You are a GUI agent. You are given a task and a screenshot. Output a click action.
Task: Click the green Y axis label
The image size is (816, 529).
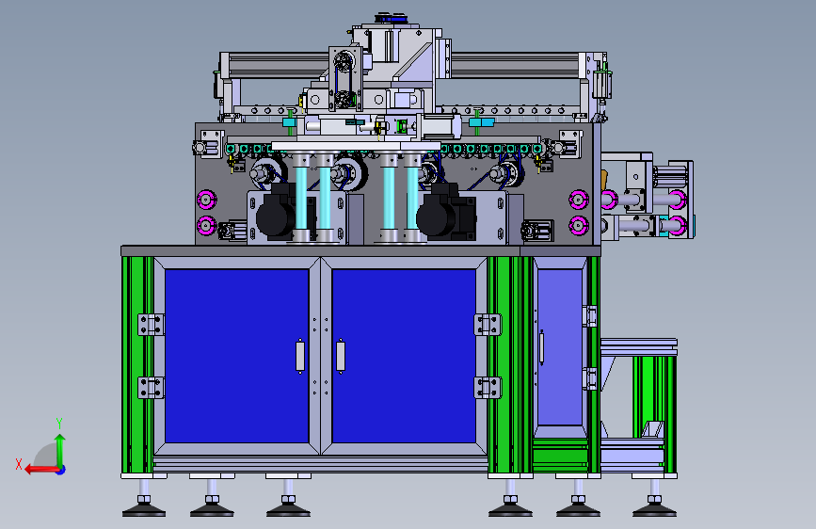pos(59,424)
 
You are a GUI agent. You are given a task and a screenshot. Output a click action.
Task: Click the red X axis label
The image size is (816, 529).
pos(19,464)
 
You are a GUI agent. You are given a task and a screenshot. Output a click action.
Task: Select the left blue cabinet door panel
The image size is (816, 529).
pos(237,356)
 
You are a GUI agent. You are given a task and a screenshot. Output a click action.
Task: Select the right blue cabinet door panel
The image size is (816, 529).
pos(404,356)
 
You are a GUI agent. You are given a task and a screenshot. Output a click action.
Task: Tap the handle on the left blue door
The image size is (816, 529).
pos(299,356)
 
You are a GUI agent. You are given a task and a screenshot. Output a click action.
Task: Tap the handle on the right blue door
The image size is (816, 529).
pos(341,356)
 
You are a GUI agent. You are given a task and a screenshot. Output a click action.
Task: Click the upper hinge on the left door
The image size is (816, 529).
pos(151,325)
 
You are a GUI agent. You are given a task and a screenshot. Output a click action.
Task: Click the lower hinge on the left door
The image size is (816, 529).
pos(151,388)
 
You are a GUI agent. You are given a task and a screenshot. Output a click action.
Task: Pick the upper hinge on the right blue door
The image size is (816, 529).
pos(488,325)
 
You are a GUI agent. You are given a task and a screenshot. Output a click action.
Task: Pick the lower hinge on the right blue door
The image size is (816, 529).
pos(488,388)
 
